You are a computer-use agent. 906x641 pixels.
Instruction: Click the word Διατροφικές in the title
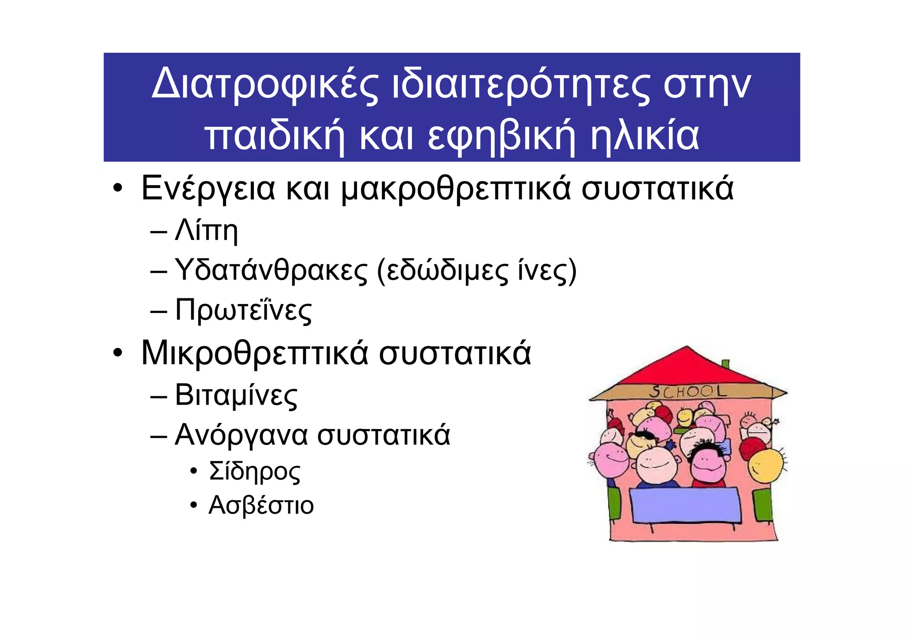(265, 84)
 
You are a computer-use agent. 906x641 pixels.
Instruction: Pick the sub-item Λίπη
(206, 230)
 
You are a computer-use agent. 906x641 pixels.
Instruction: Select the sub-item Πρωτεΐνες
(243, 310)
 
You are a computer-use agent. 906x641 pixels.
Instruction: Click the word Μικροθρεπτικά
(254, 353)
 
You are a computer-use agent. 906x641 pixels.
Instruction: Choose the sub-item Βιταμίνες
(236, 395)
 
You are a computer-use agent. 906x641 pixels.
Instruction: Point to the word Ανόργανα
(241, 435)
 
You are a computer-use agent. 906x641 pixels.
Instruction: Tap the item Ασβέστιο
(261, 505)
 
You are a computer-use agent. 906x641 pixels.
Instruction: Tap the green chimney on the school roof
(725, 364)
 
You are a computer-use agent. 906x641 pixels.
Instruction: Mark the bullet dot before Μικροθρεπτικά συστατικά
(117, 354)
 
